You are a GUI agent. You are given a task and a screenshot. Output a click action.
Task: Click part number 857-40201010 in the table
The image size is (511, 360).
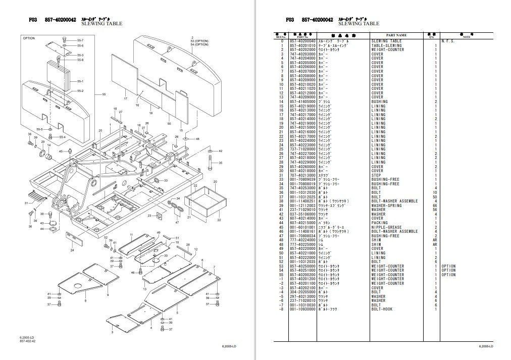pos(301,45)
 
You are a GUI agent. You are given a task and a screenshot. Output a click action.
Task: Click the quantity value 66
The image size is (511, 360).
pos(434,205)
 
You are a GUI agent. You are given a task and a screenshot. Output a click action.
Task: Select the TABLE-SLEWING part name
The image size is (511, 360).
pos(387,45)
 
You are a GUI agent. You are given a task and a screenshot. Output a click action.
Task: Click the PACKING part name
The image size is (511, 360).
pos(380,223)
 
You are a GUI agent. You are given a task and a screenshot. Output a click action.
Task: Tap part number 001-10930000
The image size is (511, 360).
pos(301,309)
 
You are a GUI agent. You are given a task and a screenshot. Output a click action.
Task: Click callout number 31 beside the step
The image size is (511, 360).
pos(26,203)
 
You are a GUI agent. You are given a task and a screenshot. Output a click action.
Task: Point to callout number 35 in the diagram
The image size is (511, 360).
pos(221,163)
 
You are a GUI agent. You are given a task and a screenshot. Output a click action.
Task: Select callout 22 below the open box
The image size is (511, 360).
pos(219,220)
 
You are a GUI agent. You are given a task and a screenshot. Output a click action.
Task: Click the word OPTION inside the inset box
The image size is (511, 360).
pos(29,38)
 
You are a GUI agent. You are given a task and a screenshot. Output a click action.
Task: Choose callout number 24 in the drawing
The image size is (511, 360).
pos(73,250)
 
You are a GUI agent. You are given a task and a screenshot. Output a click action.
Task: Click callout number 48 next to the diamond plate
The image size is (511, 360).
pos(197,139)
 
